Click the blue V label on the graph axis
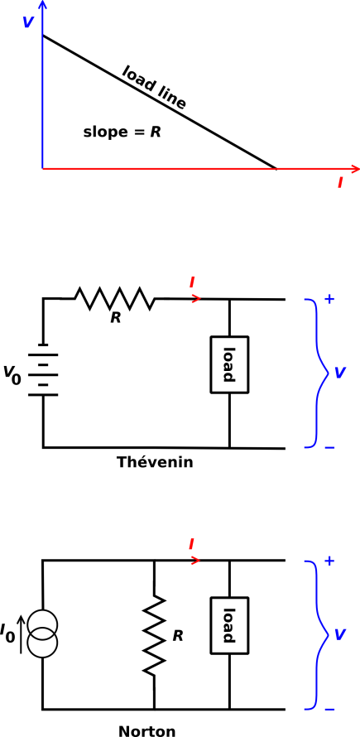pyautogui.click(x=28, y=22)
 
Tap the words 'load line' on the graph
pyautogui.click(x=154, y=87)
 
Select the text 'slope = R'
pyautogui.click(x=122, y=132)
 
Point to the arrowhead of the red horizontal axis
pyautogui.click(x=355, y=168)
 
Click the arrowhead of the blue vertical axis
pyautogui.click(x=42, y=5)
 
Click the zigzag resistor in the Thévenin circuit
pyautogui.click(x=114, y=298)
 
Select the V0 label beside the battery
pyautogui.click(x=12, y=374)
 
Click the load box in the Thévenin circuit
pyautogui.click(x=229, y=364)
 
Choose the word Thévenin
pyautogui.click(x=155, y=462)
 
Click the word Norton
pyautogui.click(x=147, y=731)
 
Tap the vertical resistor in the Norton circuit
pyautogui.click(x=155, y=636)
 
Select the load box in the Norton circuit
pyautogui.click(x=229, y=625)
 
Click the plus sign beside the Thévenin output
pyautogui.click(x=329, y=299)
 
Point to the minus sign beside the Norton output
pyautogui.click(x=329, y=710)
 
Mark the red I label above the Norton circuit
pyautogui.click(x=192, y=544)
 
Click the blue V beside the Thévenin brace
pyautogui.click(x=340, y=373)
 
